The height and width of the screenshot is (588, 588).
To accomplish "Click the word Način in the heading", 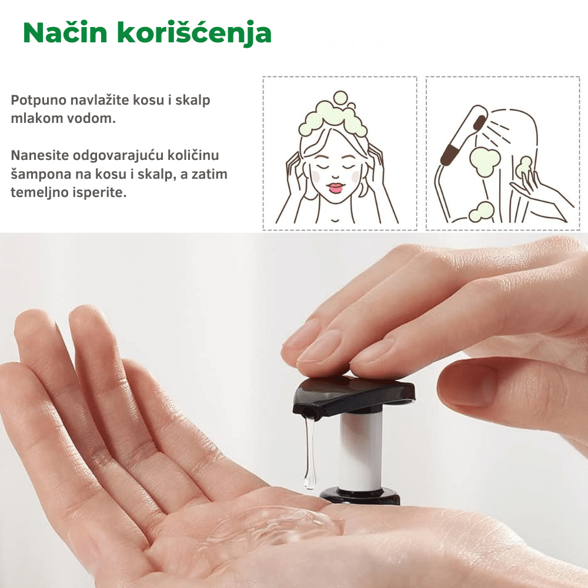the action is click(x=65, y=32).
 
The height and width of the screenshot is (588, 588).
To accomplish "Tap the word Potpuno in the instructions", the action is click(x=39, y=101).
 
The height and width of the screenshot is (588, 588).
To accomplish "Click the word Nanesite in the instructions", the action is click(x=40, y=155).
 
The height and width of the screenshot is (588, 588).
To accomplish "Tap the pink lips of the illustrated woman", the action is click(x=335, y=188).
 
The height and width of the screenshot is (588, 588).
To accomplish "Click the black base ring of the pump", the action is click(x=360, y=496).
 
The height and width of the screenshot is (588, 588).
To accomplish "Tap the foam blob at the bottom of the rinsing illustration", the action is click(x=481, y=212).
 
